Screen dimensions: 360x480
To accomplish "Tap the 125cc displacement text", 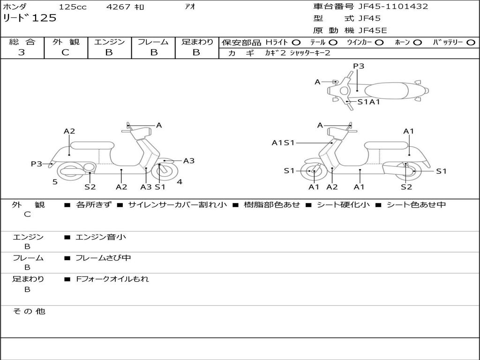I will tap(73, 7).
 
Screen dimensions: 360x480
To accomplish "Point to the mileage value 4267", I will tap(119, 7).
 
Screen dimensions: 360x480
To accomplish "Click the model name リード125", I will tap(30, 18).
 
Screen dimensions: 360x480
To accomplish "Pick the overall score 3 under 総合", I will tap(22, 52).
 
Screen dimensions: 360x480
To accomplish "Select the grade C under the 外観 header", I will tap(65, 52).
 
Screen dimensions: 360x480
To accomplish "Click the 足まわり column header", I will tap(197, 42).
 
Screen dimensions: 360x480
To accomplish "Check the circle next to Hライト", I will tap(297, 42).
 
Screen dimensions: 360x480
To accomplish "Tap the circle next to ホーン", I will tap(417, 42).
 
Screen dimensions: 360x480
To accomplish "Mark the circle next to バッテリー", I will tap(471, 42).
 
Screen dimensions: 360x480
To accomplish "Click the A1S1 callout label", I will tap(283, 142).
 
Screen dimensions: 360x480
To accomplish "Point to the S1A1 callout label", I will tap(368, 101).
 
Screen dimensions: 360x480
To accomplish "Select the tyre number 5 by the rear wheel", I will tap(55, 182).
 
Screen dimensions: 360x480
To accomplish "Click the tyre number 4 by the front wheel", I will tap(180, 182).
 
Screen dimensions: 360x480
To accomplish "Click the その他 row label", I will tap(29, 311).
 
